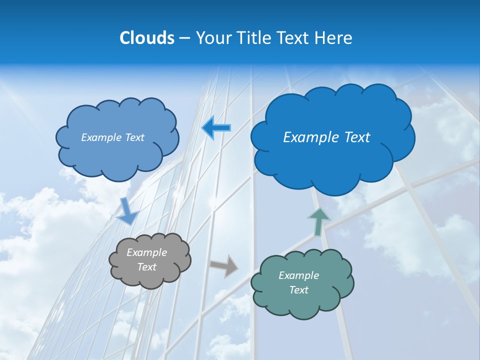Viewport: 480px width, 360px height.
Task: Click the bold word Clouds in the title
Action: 147,38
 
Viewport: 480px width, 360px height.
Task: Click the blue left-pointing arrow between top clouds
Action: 216,127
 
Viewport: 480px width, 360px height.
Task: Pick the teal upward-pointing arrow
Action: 318,221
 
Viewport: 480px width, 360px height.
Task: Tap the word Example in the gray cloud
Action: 146,252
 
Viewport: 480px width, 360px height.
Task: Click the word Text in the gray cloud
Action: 146,267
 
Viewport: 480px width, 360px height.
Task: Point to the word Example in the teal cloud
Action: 298,275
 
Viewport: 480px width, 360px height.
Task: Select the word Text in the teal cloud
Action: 298,290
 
